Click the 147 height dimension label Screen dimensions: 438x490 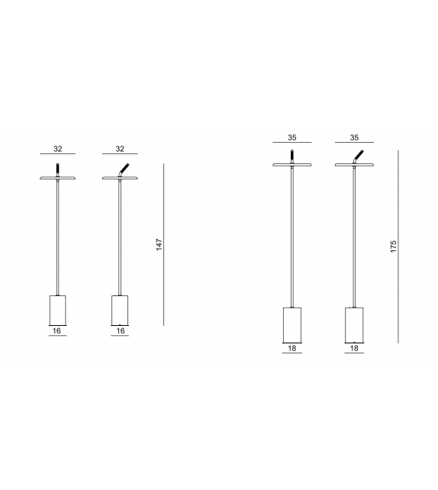click(159, 244)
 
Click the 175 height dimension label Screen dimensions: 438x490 click(393, 247)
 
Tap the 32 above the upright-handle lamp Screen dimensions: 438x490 click(58, 149)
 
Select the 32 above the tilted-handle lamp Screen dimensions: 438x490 click(120, 149)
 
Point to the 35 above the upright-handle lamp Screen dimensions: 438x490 click(292, 137)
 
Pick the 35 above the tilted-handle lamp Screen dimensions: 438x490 click(354, 137)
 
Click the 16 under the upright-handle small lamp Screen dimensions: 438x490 click(57, 330)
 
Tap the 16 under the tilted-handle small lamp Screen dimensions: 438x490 click(121, 330)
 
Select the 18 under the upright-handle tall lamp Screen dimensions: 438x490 click(291, 348)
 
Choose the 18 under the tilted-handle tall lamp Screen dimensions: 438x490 click(354, 348)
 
